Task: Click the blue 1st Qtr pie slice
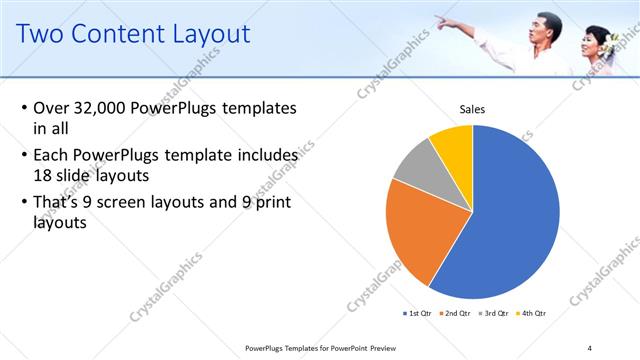(510, 220)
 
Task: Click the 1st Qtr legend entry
(417, 313)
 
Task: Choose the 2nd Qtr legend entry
(456, 313)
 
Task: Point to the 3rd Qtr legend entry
(494, 313)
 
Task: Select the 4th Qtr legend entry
(532, 313)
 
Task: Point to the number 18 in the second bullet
(44, 175)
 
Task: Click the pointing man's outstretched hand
(441, 21)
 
